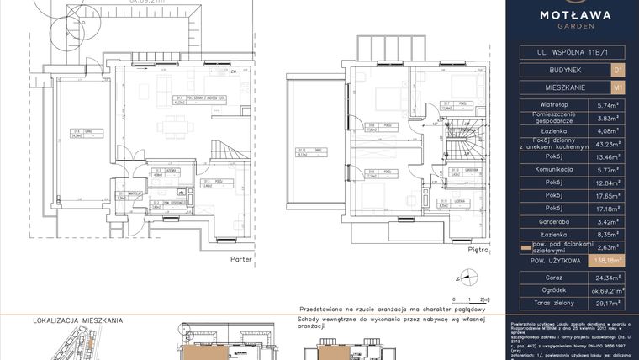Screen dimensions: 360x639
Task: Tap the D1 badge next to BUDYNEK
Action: point(618,69)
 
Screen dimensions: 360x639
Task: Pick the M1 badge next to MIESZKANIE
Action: point(618,87)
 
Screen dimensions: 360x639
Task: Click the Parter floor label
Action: point(241,260)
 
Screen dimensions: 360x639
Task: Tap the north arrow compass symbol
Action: point(462,275)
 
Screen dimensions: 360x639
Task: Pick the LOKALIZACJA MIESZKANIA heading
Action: point(78,320)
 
